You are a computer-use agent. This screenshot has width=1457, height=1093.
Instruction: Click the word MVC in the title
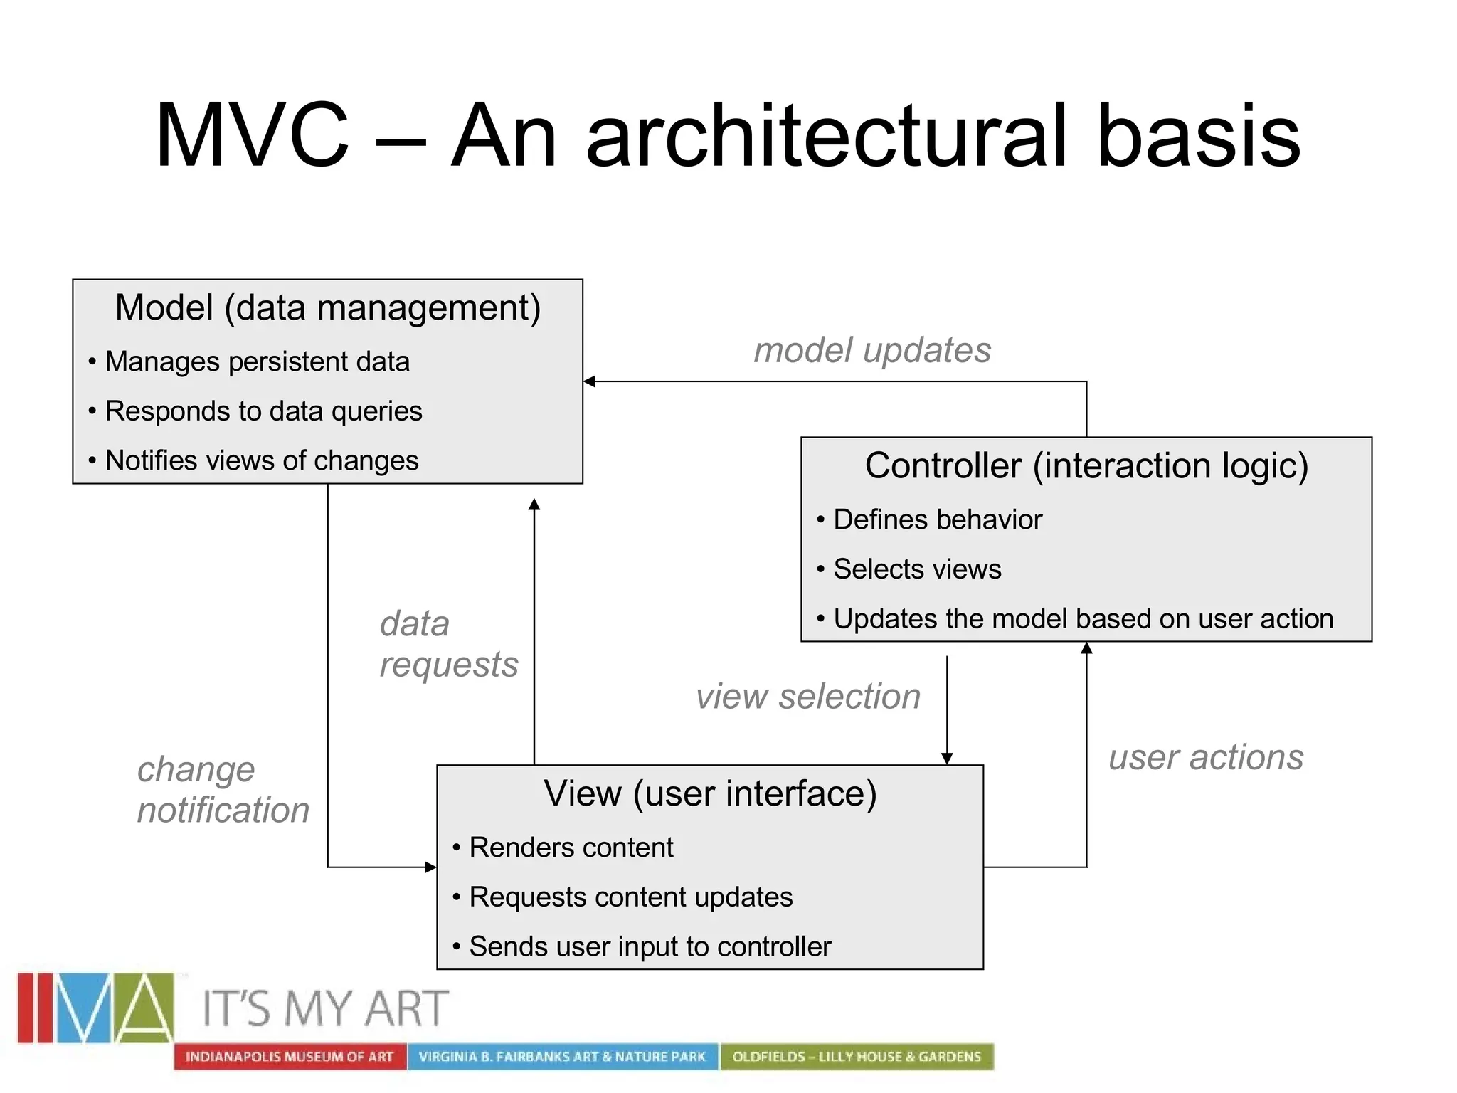252,135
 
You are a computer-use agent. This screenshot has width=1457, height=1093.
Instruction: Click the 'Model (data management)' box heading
328,307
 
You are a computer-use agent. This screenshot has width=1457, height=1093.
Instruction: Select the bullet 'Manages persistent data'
257,361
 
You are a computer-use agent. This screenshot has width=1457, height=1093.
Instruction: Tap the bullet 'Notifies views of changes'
261,460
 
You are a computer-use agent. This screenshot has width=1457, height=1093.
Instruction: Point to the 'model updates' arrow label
872,350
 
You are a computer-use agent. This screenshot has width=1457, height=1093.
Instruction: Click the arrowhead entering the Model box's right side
589,381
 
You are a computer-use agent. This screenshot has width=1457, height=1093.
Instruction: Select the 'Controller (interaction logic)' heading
1086,465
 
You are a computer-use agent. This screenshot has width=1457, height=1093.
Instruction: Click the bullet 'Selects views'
917,569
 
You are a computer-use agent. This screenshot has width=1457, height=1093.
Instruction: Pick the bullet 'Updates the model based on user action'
1083,618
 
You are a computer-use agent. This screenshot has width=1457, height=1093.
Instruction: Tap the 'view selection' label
808,696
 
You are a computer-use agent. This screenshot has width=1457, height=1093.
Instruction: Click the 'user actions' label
1206,757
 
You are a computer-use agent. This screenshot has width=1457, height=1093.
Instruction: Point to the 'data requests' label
448,644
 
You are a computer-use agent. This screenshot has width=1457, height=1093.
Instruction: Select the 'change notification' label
223,790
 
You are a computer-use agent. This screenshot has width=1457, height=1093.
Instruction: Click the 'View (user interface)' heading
710,793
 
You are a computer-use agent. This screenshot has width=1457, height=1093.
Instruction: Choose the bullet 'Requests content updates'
630,897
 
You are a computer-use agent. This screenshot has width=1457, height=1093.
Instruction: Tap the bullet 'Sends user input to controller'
650,946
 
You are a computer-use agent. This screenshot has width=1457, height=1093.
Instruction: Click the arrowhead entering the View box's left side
430,867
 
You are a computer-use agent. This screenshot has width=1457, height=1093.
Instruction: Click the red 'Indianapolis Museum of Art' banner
290,1057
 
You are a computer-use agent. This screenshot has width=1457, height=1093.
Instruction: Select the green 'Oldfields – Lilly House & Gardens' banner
857,1057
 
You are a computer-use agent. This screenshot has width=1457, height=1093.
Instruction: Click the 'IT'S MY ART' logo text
326,1008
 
